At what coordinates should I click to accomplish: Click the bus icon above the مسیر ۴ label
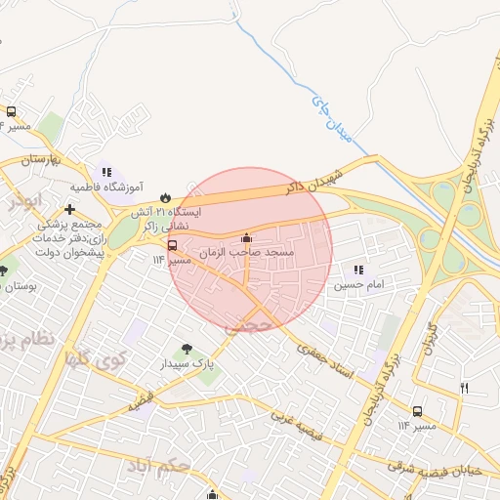[x=12, y=111]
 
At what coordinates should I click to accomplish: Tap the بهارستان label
[x=42, y=158]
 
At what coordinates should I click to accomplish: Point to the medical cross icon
[x=68, y=209]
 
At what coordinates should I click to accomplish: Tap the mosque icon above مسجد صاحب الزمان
[x=246, y=237]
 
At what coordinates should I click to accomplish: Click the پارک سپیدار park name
[x=188, y=364]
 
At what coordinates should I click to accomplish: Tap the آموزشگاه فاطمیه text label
[x=107, y=187]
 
